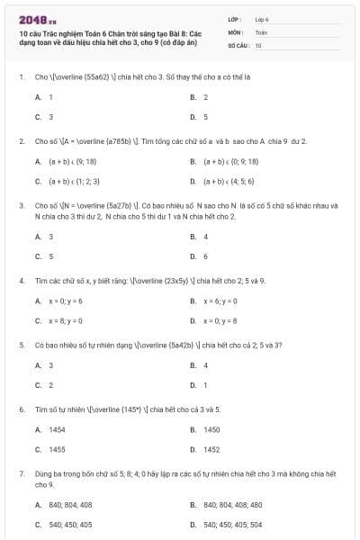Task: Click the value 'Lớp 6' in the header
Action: (x=262, y=18)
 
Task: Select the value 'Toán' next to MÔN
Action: (x=261, y=31)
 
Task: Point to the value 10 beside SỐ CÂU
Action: (x=258, y=44)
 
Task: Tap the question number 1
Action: (x=21, y=77)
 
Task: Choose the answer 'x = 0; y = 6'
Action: (x=65, y=301)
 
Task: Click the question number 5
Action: (x=21, y=345)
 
